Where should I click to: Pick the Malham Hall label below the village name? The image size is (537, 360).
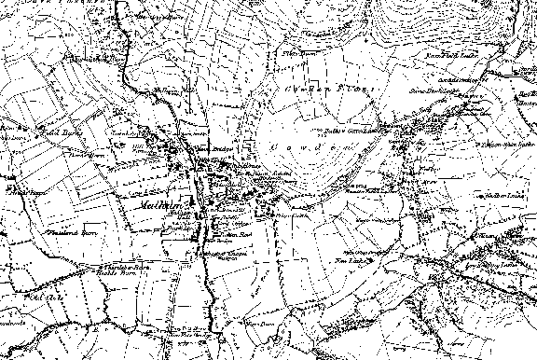pyautogui.click(x=180, y=215)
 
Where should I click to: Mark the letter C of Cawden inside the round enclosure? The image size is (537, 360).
pyautogui.click(x=270, y=147)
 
